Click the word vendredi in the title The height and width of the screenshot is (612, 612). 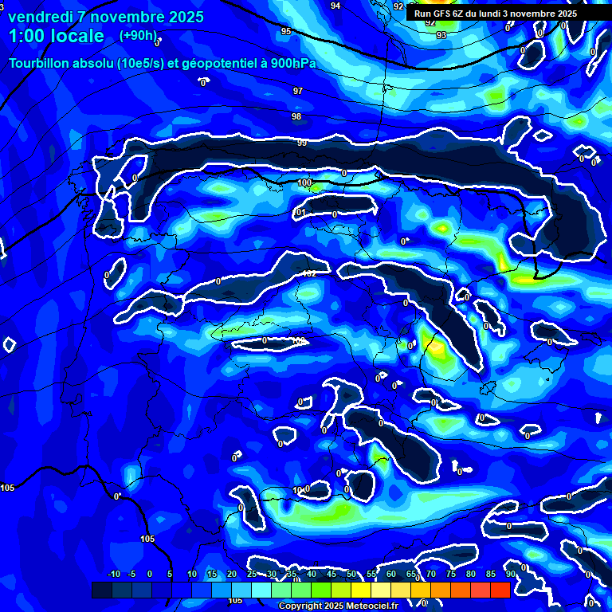[x=41, y=17]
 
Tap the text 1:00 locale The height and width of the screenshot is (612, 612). [x=57, y=36]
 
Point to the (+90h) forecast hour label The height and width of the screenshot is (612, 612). [x=139, y=36]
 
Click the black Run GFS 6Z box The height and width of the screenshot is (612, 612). [x=496, y=14]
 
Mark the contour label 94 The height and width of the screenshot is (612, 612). [x=335, y=6]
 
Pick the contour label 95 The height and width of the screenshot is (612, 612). [x=285, y=31]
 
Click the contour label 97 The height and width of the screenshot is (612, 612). [x=298, y=91]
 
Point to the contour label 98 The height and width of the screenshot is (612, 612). [x=296, y=117]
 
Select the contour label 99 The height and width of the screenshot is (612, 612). [x=302, y=143]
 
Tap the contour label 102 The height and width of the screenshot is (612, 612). [x=309, y=273]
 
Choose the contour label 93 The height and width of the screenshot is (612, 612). [x=441, y=35]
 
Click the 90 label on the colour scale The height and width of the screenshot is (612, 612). [x=510, y=574]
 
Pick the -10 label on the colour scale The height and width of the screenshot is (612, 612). [x=113, y=574]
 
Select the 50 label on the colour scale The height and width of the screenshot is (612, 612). [x=351, y=574]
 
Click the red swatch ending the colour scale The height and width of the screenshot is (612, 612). [x=500, y=590]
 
